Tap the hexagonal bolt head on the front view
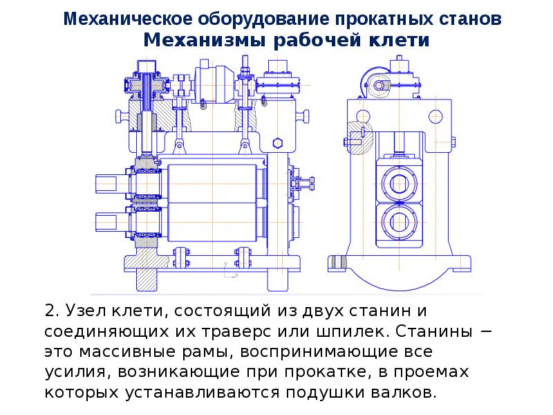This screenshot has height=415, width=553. click(277, 142)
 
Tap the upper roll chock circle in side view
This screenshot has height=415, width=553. click(399, 183)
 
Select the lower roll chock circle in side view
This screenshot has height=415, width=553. click(399, 221)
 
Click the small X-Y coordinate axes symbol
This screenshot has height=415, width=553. click(231, 271)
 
